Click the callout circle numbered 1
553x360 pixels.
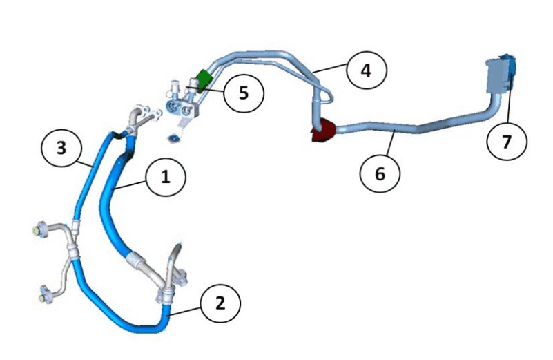(166, 177)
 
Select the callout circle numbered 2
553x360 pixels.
(220, 303)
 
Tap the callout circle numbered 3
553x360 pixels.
(61, 148)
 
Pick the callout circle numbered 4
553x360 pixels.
(367, 70)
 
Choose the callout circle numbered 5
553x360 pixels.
(244, 93)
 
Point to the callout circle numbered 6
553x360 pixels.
(380, 173)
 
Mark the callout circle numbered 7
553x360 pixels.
(507, 141)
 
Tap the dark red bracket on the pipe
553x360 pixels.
(322, 130)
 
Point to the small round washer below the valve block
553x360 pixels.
(173, 139)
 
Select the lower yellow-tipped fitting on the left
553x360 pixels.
(45, 295)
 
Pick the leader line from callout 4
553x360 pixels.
(330, 68)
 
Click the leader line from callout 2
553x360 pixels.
(185, 311)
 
